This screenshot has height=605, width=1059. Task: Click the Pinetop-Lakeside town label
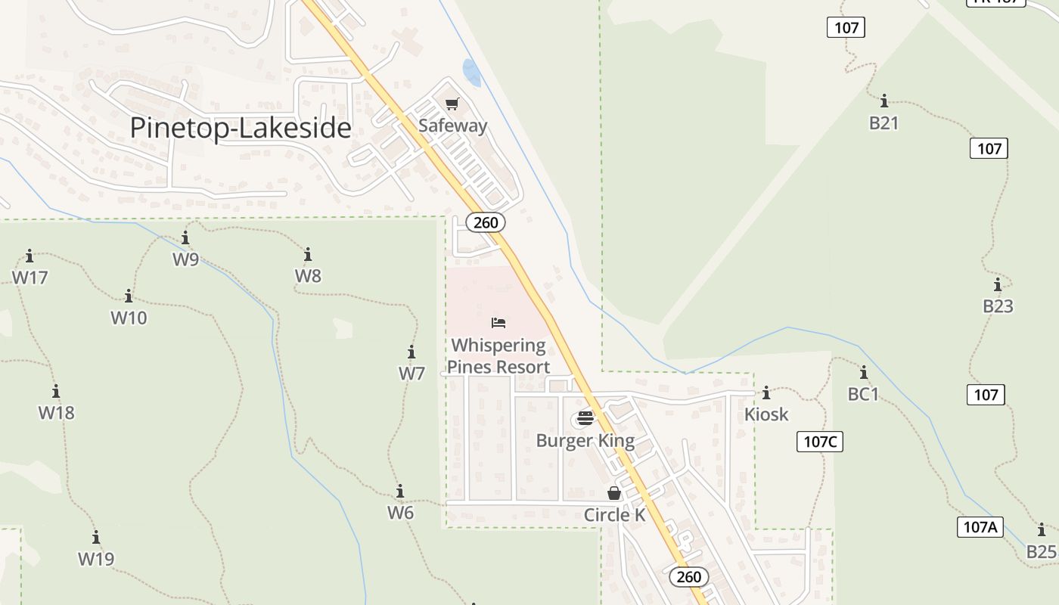pos(241,128)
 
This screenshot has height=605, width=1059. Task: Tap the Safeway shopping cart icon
pos(452,104)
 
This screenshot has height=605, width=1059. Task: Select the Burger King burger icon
pos(585,418)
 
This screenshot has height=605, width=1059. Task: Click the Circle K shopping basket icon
pos(614,493)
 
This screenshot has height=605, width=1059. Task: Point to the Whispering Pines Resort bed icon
pos(498,323)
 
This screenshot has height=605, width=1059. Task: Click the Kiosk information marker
pos(766,393)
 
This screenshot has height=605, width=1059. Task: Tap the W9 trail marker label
pos(185,259)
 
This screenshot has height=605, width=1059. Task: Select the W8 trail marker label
pos(308,275)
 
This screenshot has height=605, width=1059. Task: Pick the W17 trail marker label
pos(30,278)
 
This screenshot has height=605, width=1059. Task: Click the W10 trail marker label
pos(129,318)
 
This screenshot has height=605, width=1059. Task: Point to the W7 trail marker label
pos(411,374)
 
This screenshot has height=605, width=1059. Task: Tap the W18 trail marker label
pos(57,413)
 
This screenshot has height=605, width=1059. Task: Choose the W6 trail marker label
pos(400,513)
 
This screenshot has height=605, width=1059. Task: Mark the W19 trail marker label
pos(96,560)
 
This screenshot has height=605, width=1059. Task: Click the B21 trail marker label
pos(884,123)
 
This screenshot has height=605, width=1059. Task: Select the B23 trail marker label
pos(998,306)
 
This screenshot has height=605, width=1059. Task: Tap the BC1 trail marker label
pos(863,394)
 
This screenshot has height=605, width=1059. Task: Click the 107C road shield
pos(820,442)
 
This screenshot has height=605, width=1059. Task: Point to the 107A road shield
pos(980,527)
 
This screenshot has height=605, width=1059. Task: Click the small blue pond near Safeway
pos(471,72)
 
